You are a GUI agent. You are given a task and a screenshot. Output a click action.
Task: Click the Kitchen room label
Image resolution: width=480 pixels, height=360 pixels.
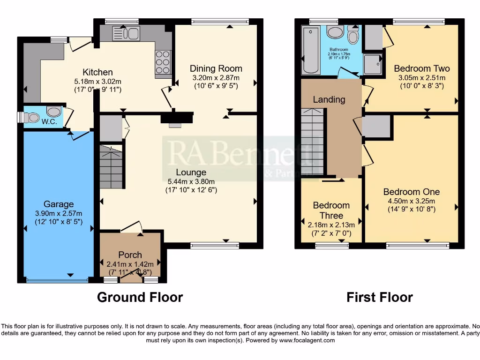coord(97,72)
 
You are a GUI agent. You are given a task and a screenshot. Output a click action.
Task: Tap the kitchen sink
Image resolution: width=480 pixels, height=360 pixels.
coord(126,33)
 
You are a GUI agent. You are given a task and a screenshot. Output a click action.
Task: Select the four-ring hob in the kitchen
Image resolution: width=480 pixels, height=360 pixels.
coord(162,62)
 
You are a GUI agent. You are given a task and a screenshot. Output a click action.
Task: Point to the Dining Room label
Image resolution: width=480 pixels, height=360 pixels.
coord(216,69)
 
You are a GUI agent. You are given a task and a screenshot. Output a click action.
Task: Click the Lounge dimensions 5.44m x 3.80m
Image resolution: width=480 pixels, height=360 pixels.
coord(191,181)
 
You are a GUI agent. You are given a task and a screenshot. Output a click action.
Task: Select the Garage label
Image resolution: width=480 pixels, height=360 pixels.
coord(59,204)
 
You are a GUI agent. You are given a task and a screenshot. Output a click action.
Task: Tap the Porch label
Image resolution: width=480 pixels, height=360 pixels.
coord(130,255)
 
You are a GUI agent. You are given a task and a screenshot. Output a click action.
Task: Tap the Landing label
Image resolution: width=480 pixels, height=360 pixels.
coord(329,99)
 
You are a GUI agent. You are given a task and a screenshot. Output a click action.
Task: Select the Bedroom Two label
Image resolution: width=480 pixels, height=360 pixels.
coord(421,68)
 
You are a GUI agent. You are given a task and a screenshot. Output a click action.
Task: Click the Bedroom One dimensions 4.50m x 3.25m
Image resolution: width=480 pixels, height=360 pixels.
coord(412,201)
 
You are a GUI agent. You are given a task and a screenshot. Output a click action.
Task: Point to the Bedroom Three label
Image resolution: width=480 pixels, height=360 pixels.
coord(331,210)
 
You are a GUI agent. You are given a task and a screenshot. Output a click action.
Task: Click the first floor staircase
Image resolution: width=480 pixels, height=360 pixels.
coord(313,141)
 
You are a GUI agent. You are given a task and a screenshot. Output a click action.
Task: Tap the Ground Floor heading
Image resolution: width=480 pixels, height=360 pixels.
coord(140,297)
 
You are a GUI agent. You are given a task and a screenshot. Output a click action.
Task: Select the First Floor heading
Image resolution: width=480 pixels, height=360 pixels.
coord(379,297)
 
